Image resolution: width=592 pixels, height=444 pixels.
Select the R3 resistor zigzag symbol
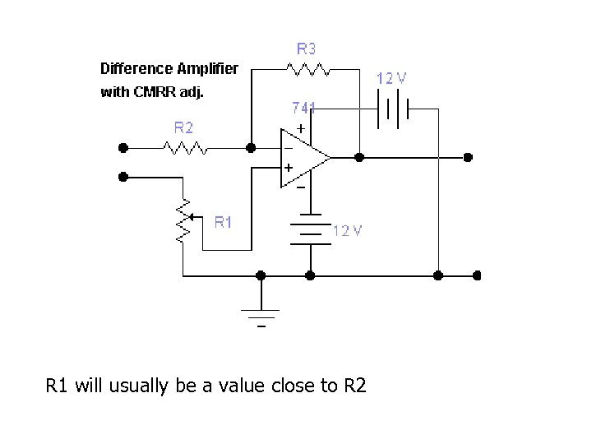(308, 69)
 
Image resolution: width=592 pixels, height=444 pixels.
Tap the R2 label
(183, 127)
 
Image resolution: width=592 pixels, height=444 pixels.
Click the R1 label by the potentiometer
(224, 221)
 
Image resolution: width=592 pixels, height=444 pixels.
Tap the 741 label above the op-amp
(303, 108)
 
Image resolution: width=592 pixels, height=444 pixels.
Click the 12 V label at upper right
(391, 78)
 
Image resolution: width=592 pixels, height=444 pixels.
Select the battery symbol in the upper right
(393, 109)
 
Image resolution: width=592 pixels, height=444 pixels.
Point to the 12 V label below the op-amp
(347, 230)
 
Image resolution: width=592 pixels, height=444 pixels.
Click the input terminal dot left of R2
(123, 148)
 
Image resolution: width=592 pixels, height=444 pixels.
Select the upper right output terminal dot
(467, 156)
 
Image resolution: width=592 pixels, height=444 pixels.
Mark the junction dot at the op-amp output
(359, 156)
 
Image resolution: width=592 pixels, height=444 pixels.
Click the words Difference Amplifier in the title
(169, 68)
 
